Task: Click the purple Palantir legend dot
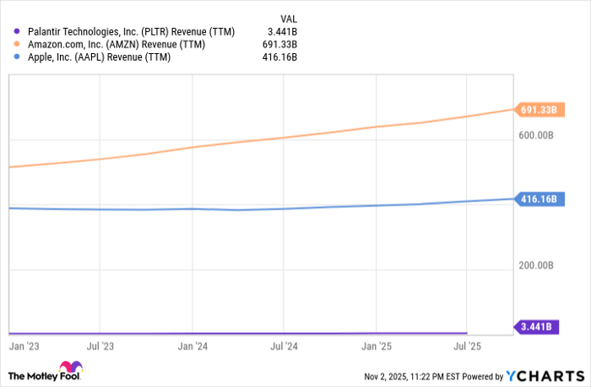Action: click(x=16, y=32)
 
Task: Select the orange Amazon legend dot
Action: click(x=16, y=45)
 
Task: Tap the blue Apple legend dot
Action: click(x=16, y=57)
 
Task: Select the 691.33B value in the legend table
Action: click(x=279, y=45)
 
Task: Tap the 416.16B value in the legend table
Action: click(x=279, y=57)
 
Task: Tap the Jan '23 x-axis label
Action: click(x=22, y=346)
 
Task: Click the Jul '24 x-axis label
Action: click(x=284, y=346)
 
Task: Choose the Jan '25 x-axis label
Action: click(x=376, y=346)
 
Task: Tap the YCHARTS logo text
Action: click(x=548, y=375)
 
